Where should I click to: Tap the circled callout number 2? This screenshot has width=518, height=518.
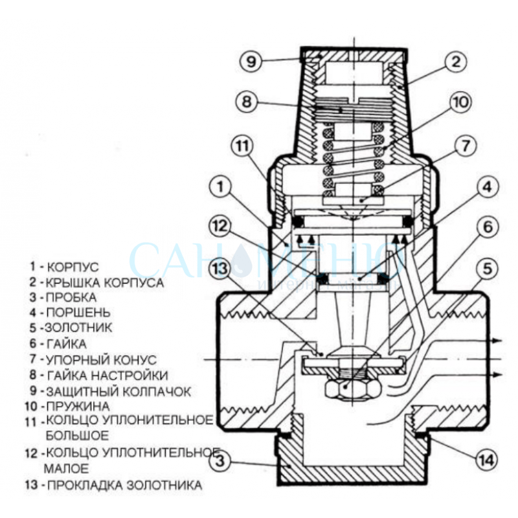click(x=456, y=62)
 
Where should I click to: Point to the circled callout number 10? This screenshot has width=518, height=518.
click(x=460, y=103)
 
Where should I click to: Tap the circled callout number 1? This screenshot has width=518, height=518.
click(x=221, y=188)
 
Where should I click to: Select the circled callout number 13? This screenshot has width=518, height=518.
click(x=220, y=267)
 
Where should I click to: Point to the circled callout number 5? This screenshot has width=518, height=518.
click(x=487, y=267)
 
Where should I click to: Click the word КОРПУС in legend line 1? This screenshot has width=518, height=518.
click(x=72, y=266)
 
